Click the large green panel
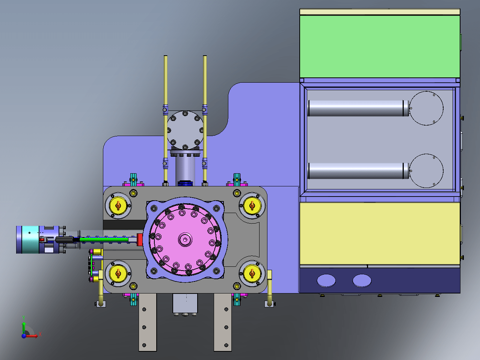click(x=380, y=46)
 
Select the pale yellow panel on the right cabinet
click(x=380, y=233)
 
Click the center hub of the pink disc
click(x=185, y=239)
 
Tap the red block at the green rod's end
click(x=140, y=240)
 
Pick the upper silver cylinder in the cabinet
click(x=358, y=108)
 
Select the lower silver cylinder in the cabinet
click(x=358, y=171)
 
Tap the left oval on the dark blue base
click(x=326, y=280)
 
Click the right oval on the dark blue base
click(x=362, y=280)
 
